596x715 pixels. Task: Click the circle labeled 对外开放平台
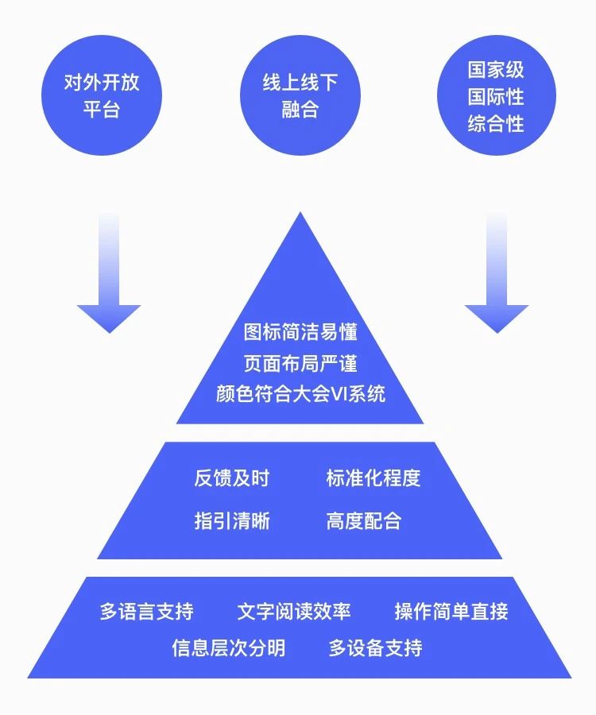(101, 95)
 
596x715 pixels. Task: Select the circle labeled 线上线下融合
(300, 95)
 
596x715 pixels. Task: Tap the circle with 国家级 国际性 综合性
(496, 95)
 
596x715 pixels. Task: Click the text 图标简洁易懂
(300, 332)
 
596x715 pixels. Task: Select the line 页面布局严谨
(300, 363)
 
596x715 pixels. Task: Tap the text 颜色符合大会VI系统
(300, 394)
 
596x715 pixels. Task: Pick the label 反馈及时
(231, 478)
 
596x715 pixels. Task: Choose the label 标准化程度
(373, 478)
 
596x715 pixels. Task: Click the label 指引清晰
(231, 521)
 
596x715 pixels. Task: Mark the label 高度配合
(363, 521)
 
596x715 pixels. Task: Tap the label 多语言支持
(146, 612)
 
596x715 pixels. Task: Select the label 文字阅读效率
(293, 612)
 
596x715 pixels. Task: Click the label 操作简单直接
(451, 612)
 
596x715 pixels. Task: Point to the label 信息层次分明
(228, 648)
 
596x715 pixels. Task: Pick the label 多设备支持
(375, 648)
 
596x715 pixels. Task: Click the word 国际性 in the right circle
(496, 97)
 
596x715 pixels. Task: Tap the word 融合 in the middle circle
(300, 110)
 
